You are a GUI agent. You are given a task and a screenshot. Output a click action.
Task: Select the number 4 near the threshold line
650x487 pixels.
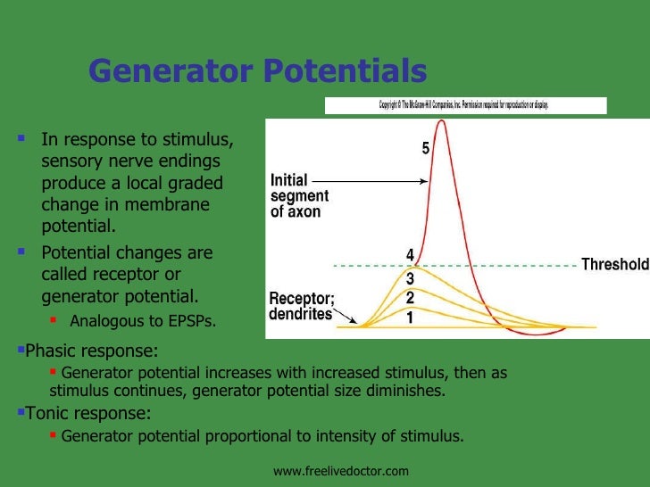coord(410,255)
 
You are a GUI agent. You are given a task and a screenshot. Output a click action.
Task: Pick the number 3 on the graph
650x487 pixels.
coord(410,279)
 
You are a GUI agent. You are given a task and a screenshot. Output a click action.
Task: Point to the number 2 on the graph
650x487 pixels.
coord(410,297)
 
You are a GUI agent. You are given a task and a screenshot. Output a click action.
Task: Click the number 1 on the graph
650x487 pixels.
coord(410,317)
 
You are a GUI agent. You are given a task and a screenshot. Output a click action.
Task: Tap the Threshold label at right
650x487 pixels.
coord(614,265)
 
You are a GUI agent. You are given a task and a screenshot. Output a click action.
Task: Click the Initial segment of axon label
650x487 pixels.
coord(299,195)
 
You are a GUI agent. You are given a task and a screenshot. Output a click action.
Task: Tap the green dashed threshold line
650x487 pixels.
coord(500,265)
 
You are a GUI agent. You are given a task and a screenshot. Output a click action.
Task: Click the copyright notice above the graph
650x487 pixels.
coord(464,105)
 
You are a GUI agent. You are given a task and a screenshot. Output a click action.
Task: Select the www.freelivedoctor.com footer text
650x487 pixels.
coord(340,470)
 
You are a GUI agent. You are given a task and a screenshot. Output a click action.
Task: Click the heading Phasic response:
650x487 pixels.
coord(89,351)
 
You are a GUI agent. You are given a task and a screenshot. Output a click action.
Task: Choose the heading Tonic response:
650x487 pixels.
coord(86,414)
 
